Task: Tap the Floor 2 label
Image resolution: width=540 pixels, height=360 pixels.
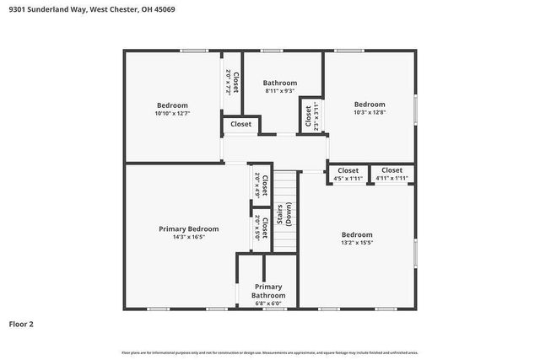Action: [22, 323]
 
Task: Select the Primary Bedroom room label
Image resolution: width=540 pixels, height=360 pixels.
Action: [189, 228]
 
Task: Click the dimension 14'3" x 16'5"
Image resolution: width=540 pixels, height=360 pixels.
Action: [189, 238]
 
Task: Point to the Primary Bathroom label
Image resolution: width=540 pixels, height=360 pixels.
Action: [269, 291]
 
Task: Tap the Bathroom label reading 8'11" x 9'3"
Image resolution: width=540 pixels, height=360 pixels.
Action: [279, 83]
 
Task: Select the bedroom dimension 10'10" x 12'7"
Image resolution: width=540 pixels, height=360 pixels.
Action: [172, 113]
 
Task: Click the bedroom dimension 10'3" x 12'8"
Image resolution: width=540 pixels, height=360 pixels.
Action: [370, 112]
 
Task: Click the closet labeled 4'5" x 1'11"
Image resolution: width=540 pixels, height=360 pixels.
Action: [348, 175]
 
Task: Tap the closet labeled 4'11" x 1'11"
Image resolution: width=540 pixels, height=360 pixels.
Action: [391, 175]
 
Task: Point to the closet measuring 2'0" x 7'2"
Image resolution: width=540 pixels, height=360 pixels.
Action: [232, 81]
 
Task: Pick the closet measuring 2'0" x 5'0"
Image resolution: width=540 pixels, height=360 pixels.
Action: [261, 228]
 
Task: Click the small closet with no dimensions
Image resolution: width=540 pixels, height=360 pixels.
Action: [240, 125]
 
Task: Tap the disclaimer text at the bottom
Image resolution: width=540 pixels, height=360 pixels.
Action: [269, 352]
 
